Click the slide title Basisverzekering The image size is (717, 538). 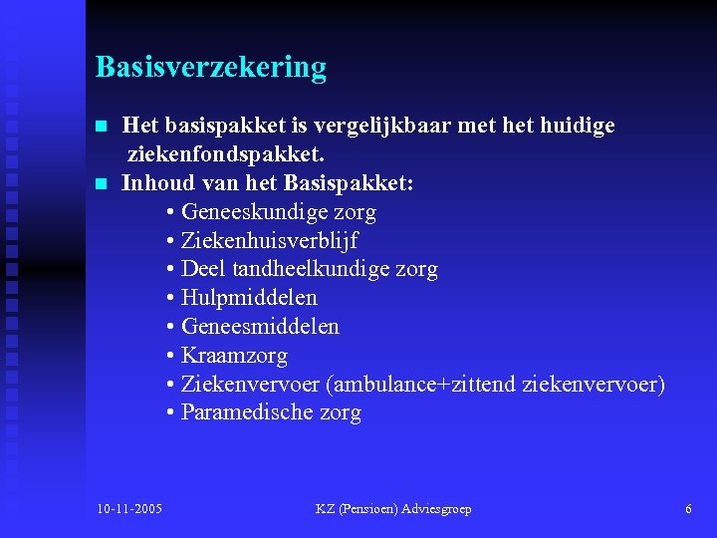click(210, 68)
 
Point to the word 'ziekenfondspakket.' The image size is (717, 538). click(226, 155)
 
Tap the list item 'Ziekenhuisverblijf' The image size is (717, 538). click(269, 241)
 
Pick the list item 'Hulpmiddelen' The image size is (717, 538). click(249, 298)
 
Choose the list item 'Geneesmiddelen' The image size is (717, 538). click(260, 327)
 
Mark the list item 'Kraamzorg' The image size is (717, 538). click(234, 356)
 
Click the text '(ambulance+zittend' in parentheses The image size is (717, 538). click(420, 385)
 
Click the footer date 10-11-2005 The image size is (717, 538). click(130, 509)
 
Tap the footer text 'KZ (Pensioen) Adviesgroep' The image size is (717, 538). click(393, 509)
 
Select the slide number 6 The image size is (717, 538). click(688, 509)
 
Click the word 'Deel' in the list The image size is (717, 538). click(203, 269)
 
